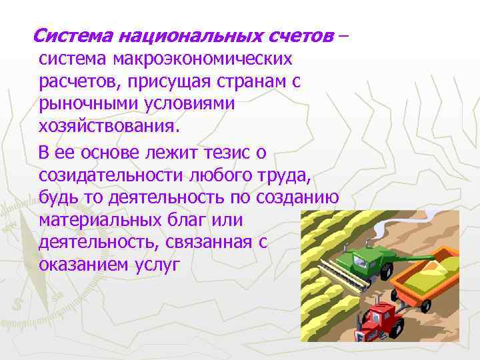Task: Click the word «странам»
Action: [x=242, y=83]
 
